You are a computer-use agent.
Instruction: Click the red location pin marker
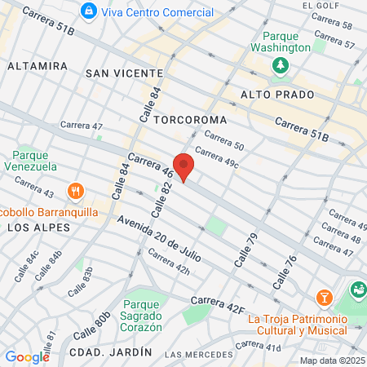click(183, 166)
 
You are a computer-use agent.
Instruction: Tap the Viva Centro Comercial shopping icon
click(89, 12)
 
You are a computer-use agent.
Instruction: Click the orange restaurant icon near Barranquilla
click(75, 191)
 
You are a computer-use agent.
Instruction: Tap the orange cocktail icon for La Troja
click(324, 295)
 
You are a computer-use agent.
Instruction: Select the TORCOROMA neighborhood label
click(189, 119)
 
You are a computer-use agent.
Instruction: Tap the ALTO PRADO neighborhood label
click(272, 95)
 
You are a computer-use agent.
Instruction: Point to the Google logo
click(27, 356)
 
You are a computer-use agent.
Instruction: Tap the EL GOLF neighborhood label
click(320, 5)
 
